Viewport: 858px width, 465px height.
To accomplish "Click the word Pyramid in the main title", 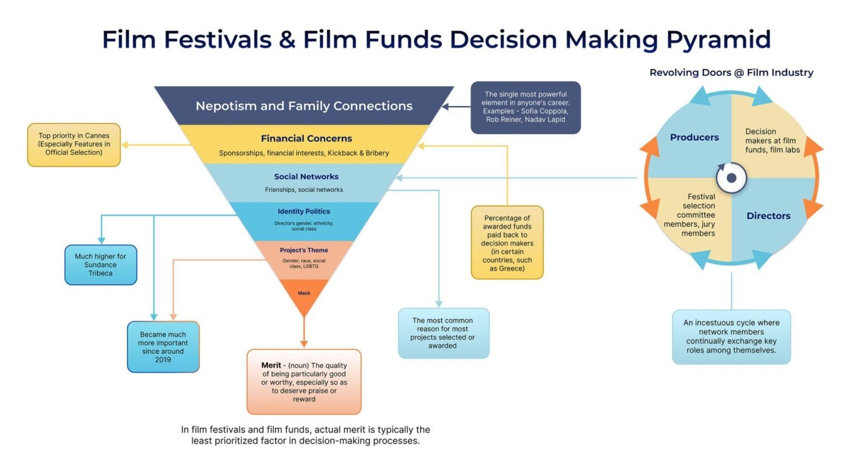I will coord(718,40).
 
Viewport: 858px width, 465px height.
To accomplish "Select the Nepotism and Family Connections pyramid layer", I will coord(304,106).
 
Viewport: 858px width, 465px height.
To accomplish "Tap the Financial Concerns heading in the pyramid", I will coord(306,138).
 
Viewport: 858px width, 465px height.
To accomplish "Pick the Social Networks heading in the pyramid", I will coord(306,176).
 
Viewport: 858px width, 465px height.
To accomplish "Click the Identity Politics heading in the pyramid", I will coord(304,212).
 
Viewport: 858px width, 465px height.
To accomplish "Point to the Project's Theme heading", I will coord(304,250).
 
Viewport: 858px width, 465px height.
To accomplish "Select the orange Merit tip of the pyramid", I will coord(304,294).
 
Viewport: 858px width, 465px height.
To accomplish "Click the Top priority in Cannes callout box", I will coord(74,144).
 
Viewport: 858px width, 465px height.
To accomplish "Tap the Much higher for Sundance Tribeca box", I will coord(101,265).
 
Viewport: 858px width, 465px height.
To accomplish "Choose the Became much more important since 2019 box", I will coord(163,347).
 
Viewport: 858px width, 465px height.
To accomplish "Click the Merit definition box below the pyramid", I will coord(304,382).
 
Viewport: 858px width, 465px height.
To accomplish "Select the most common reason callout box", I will coord(443,333).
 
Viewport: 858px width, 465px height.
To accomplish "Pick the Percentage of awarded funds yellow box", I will coord(507,243).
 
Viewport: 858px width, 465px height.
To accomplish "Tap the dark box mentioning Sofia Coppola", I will coord(526,107).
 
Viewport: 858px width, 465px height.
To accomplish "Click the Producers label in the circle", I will coord(694,137).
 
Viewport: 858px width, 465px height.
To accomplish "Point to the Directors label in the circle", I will coord(768,216).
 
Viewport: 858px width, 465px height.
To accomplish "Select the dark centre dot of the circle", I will coord(731,178).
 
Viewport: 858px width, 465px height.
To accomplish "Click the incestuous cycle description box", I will coord(731,337).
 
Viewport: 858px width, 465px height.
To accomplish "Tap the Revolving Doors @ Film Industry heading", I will coord(731,73).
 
